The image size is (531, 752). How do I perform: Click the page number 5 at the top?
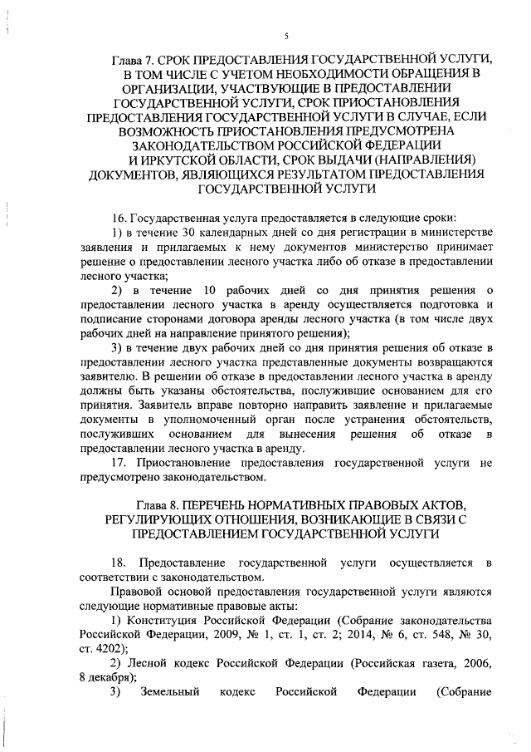click(285, 37)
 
